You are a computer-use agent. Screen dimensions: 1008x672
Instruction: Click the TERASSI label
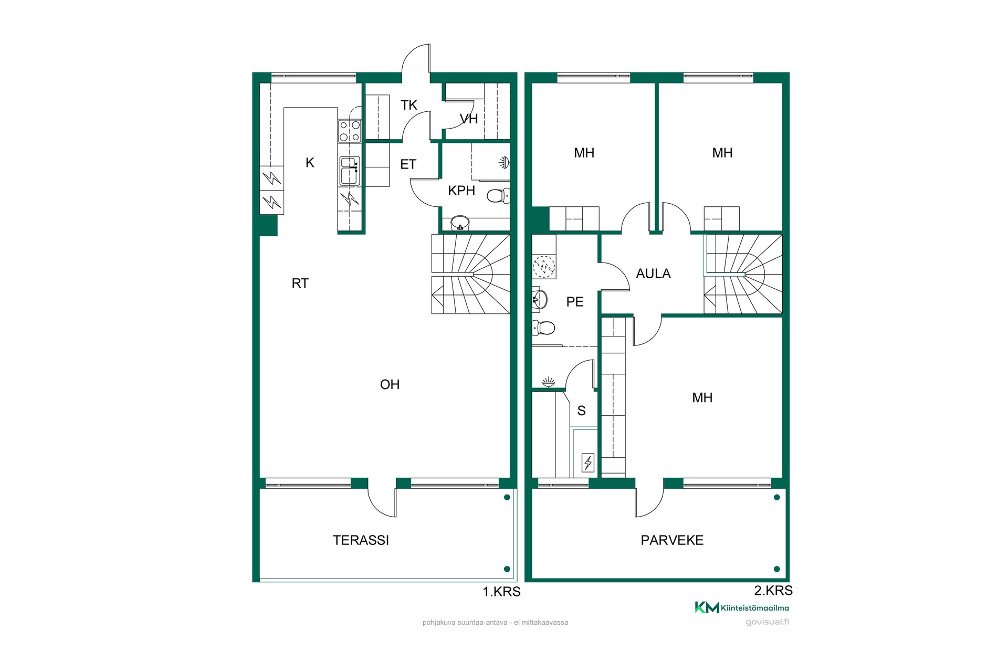tap(361, 540)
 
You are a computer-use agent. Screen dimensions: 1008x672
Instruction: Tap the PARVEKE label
tap(672, 540)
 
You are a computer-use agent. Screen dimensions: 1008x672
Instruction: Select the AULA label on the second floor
tap(653, 274)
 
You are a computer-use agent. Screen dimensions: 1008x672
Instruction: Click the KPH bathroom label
tap(461, 191)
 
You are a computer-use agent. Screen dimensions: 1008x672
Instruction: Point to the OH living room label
tap(390, 385)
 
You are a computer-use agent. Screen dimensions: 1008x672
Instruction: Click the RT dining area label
tap(300, 283)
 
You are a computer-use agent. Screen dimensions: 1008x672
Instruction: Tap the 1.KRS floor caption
tap(501, 592)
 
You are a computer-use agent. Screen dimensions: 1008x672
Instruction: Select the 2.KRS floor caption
tap(773, 591)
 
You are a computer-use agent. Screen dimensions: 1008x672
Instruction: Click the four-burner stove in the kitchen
tap(350, 131)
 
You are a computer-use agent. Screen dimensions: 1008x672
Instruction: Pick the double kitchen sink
tap(350, 170)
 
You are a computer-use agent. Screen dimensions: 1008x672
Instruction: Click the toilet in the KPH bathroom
tap(498, 196)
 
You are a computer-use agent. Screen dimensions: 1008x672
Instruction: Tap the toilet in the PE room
tap(543, 328)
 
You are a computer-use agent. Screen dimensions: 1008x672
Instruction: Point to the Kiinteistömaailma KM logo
tap(742, 607)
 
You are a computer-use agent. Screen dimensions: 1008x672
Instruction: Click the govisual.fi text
tap(767, 622)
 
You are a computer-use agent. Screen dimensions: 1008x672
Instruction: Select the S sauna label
tap(581, 411)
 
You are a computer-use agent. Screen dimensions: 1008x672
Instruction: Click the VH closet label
tap(469, 119)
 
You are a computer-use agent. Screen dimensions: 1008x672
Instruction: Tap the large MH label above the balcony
tap(702, 398)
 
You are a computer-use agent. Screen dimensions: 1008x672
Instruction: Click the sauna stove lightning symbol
tap(588, 463)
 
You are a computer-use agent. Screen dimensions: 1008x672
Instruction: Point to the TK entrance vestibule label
tap(409, 106)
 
